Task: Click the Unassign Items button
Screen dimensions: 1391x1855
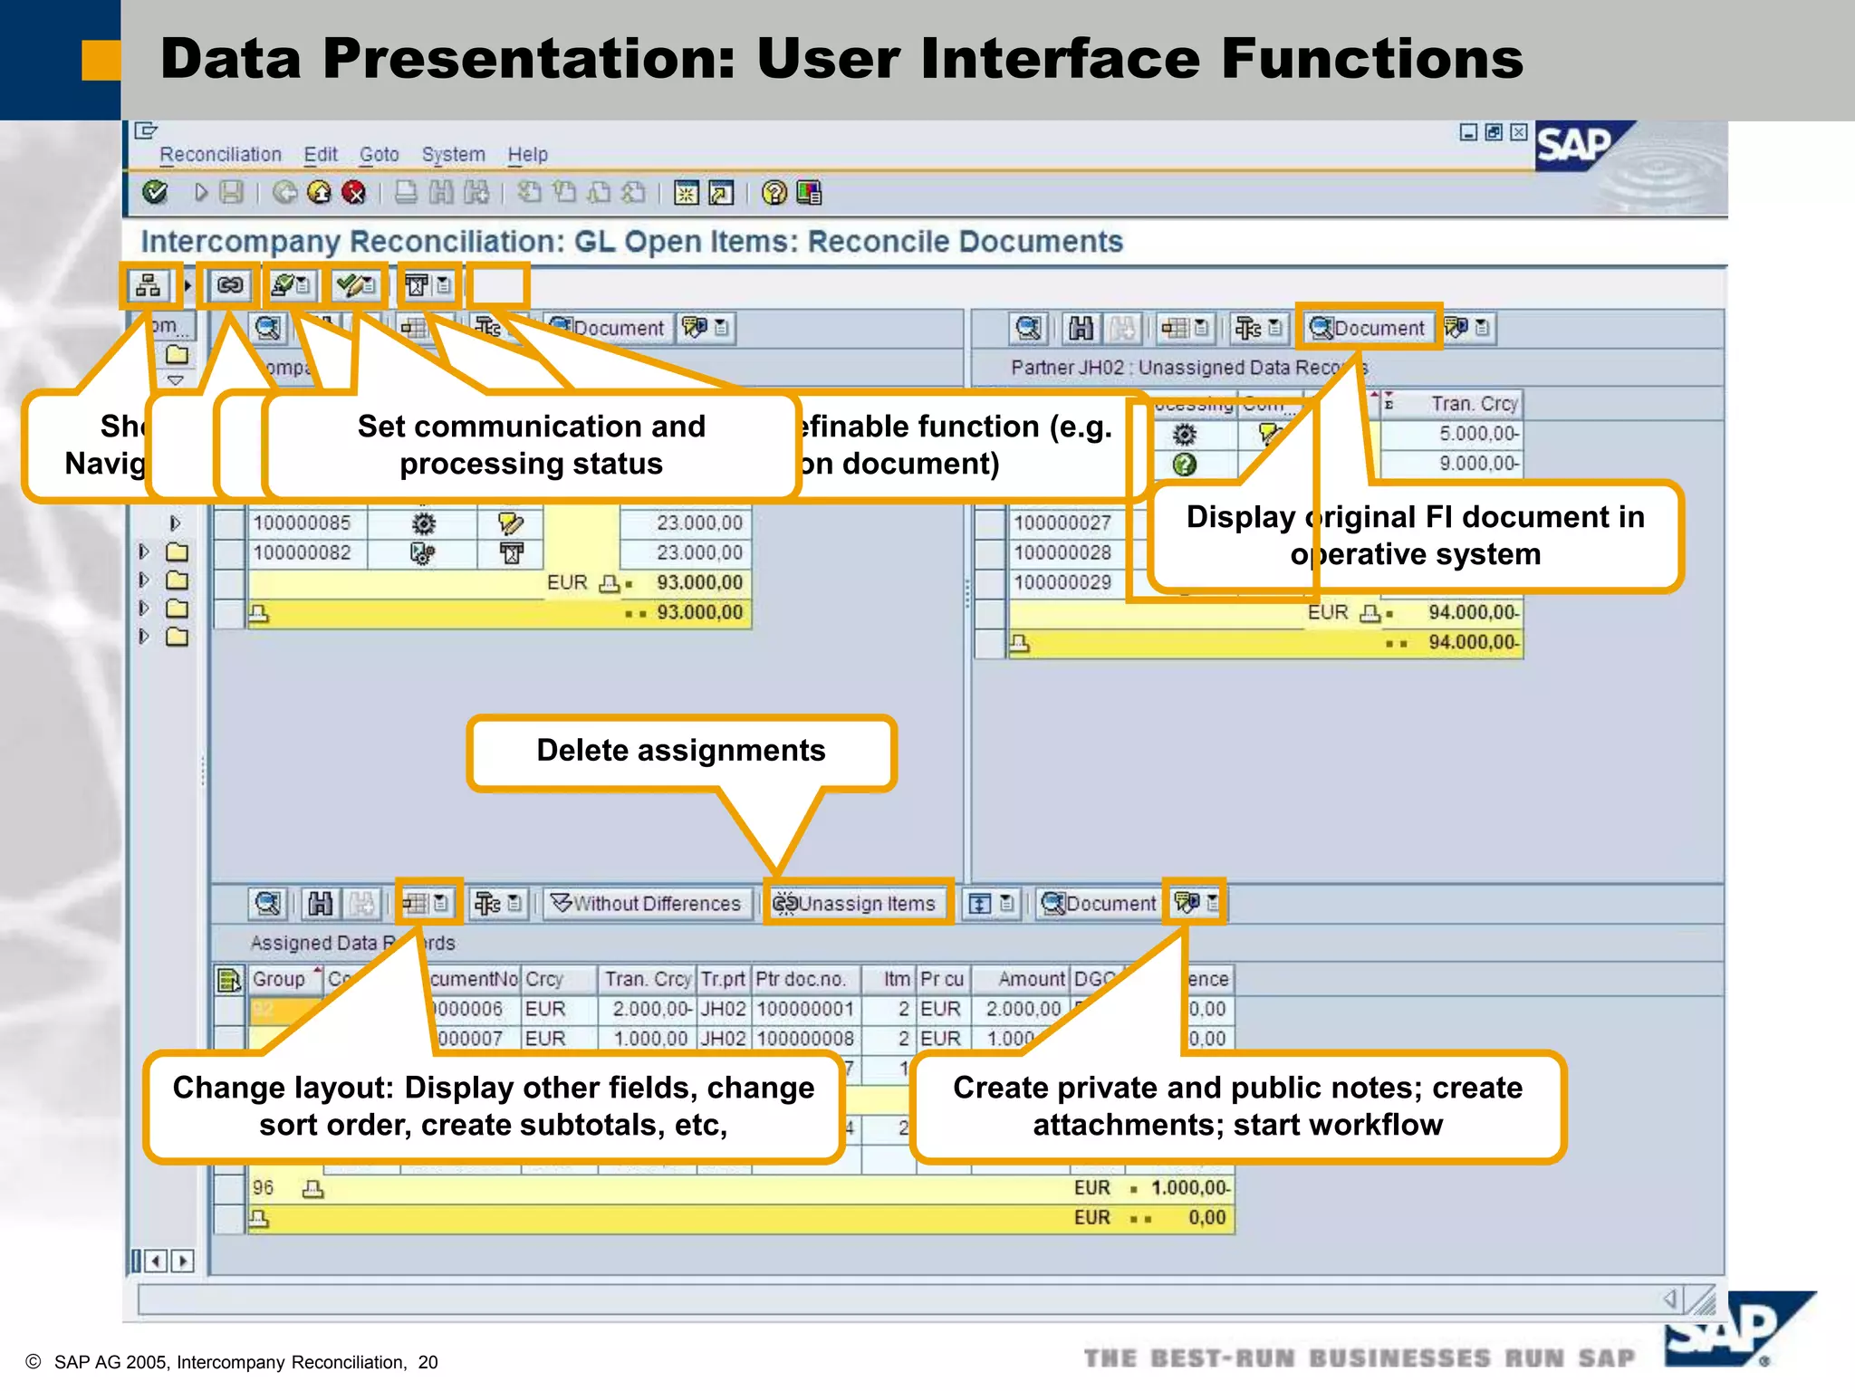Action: pos(856,903)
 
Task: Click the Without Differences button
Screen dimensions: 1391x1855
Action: pos(648,903)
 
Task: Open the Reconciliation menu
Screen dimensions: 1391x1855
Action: pos(220,155)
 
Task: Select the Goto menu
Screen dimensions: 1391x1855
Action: pos(379,155)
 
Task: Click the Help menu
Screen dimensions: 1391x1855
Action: pos(527,155)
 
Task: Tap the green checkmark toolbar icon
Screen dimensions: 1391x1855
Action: pos(156,192)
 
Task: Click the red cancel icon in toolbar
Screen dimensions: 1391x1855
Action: pos(354,193)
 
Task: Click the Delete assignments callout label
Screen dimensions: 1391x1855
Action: pos(680,751)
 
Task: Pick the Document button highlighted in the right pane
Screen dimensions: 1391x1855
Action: pos(1369,328)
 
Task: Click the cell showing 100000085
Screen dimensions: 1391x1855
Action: pos(302,523)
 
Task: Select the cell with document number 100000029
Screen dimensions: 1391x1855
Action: pos(1062,582)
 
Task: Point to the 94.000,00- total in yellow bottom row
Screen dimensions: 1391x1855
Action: pos(1472,643)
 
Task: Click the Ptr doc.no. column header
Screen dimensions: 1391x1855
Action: pos(800,979)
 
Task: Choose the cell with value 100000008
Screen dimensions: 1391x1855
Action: pos(804,1039)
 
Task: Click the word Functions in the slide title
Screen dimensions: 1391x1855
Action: pos(1371,59)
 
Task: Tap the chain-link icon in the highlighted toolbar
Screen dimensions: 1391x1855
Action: pos(229,286)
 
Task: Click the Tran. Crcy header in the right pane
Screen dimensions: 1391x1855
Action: pos(1473,404)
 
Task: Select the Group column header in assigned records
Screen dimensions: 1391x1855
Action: pos(279,979)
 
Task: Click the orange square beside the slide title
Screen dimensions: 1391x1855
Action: pos(101,61)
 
